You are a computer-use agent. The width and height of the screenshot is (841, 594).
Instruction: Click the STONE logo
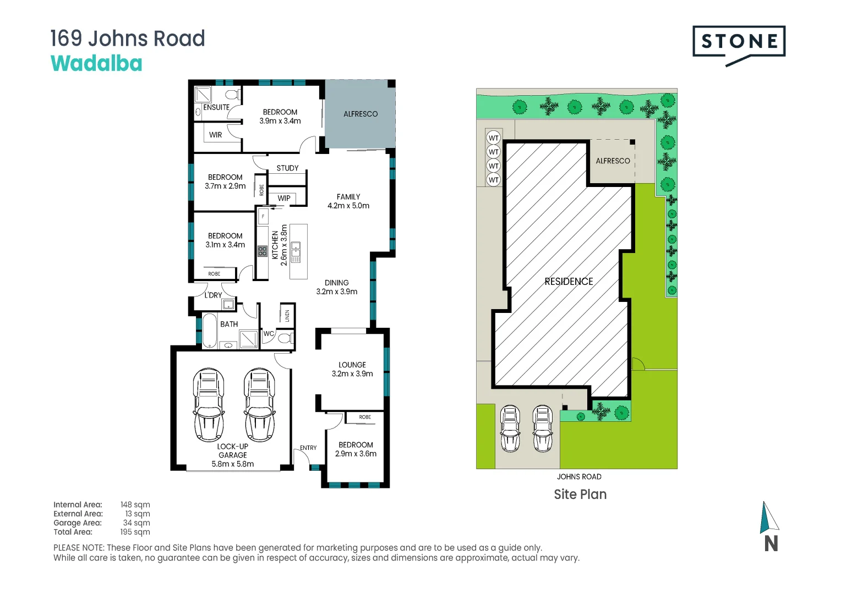pos(739,46)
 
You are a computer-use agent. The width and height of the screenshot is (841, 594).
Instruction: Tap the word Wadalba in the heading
pos(96,63)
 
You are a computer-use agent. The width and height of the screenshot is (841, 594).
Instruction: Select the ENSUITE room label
pos(216,107)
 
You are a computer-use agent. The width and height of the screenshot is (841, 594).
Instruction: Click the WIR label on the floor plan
pos(216,135)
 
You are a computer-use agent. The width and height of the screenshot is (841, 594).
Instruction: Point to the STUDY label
pos(288,168)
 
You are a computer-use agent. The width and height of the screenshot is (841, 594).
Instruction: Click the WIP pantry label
pos(284,198)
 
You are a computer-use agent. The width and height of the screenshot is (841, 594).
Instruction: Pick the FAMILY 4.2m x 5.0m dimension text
pos(348,201)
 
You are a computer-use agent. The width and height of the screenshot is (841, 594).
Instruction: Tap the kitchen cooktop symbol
pos(263,251)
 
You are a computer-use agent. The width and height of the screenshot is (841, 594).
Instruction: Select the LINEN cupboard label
pos(287,316)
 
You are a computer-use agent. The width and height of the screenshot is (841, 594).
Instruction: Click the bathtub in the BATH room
pos(210,331)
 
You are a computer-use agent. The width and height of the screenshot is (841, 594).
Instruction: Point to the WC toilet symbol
pos(286,338)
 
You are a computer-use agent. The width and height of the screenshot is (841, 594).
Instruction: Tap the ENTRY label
pos(308,448)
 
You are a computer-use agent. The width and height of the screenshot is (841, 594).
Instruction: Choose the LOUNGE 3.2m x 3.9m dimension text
pos(352,369)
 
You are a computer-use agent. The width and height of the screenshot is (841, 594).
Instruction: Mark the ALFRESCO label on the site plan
pos(613,161)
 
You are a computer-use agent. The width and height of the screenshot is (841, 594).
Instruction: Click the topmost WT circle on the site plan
pos(493,137)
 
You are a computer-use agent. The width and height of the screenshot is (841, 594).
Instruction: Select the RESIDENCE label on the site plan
pos(569,282)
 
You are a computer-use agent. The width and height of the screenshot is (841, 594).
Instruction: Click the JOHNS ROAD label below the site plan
pos(579,476)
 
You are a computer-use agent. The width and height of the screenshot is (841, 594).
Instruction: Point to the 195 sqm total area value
pos(135,532)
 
